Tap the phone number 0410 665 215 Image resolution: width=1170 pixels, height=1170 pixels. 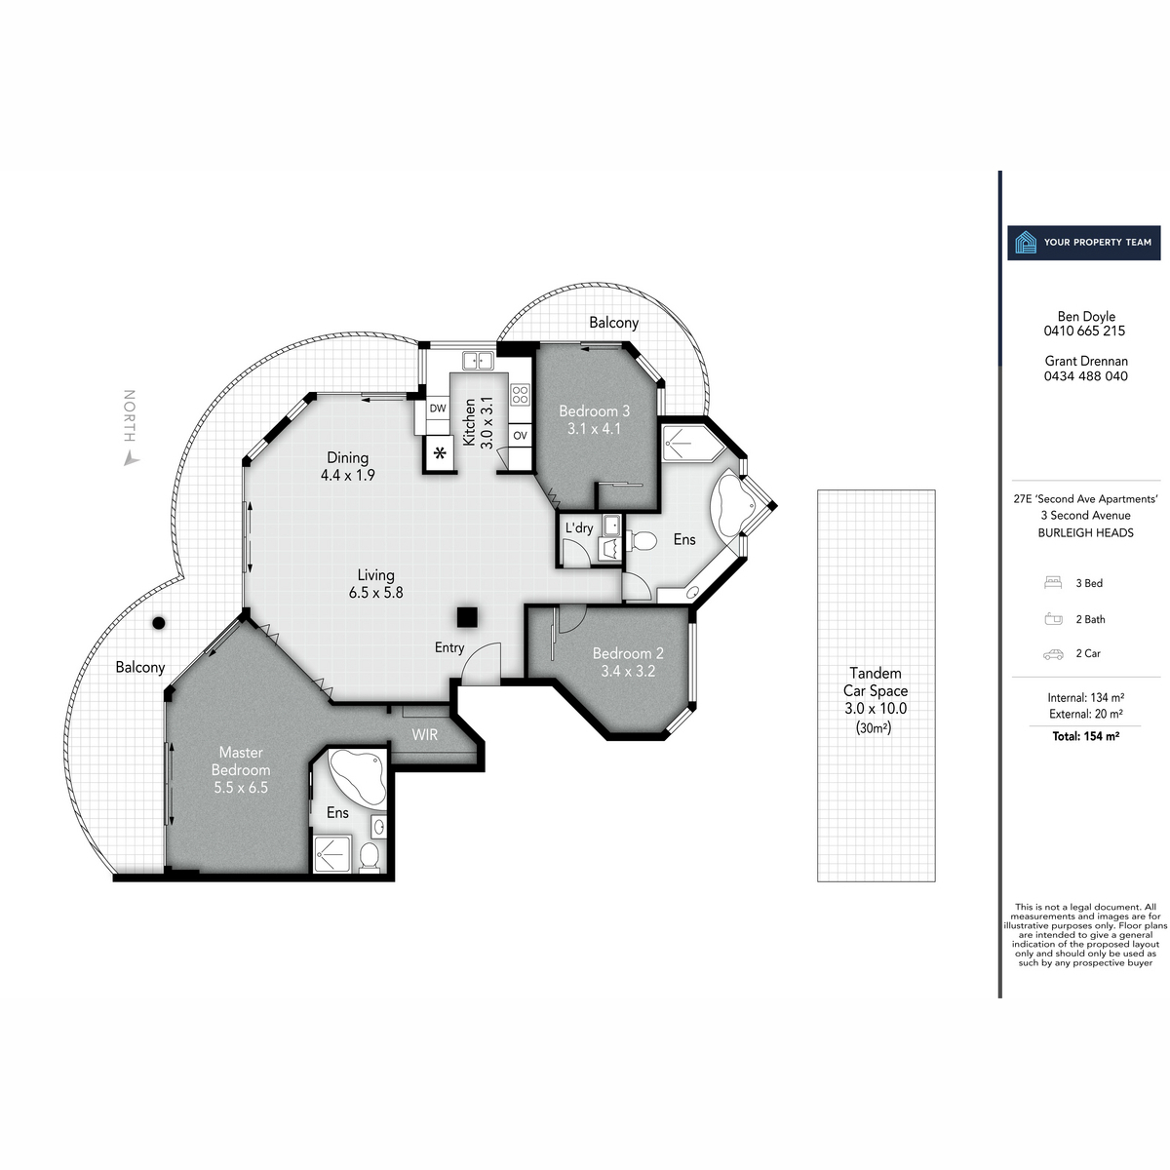coord(1084,331)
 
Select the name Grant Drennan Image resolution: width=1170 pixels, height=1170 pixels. coord(1085,361)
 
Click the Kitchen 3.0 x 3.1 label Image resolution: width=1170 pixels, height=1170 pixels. coord(478,421)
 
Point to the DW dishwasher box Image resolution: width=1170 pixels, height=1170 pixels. coord(438,409)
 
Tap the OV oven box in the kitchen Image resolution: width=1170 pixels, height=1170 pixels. coord(520,435)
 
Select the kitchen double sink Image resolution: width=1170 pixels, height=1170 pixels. coord(477,360)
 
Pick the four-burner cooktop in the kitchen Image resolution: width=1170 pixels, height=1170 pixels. coord(520,395)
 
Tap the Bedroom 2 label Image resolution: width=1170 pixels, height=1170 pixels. coord(628,662)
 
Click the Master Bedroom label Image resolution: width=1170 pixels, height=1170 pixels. coord(241,769)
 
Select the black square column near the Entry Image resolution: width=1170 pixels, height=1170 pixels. coord(467,616)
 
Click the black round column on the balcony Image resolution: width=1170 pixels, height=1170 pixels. coord(158,623)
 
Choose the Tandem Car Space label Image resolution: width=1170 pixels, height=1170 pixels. coord(875,690)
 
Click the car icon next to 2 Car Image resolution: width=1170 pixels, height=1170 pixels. coord(1052,654)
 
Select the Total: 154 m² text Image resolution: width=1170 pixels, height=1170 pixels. coord(1085,736)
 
